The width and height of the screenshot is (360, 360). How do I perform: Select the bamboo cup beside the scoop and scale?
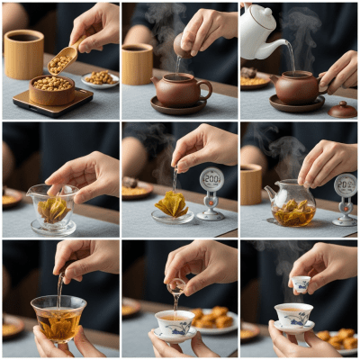coord(23,53)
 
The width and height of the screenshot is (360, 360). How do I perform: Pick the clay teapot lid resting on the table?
coord(342,109)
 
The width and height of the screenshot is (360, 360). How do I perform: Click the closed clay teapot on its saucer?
coord(179,90)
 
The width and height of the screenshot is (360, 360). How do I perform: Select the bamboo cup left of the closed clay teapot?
coord(138,63)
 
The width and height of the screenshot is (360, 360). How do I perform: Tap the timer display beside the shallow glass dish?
coord(211,180)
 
